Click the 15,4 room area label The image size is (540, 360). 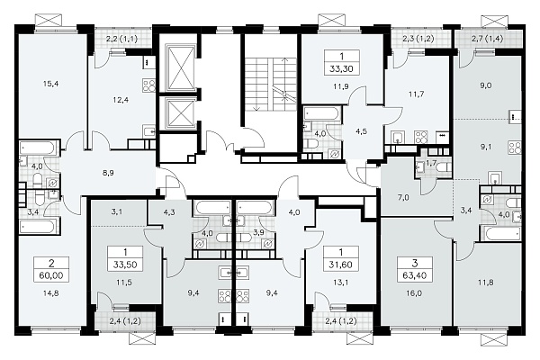click(x=50, y=84)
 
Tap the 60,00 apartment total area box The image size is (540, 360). click(x=51, y=269)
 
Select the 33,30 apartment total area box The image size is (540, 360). click(x=342, y=63)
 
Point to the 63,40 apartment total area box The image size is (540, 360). click(x=414, y=269)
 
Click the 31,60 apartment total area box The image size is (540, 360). click(x=340, y=258)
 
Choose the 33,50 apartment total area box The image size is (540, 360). click(x=125, y=258)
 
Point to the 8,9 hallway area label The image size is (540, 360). click(x=108, y=173)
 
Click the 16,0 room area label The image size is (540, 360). click(x=414, y=293)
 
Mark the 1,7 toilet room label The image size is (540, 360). click(x=431, y=162)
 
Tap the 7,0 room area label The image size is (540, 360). click(x=403, y=198)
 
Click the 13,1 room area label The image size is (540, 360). click(x=340, y=282)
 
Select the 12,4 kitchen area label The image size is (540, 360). click(x=121, y=100)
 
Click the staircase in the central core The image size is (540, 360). click(x=273, y=85)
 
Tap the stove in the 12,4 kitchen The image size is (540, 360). click(x=149, y=85)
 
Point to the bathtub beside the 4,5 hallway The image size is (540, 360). click(x=322, y=114)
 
